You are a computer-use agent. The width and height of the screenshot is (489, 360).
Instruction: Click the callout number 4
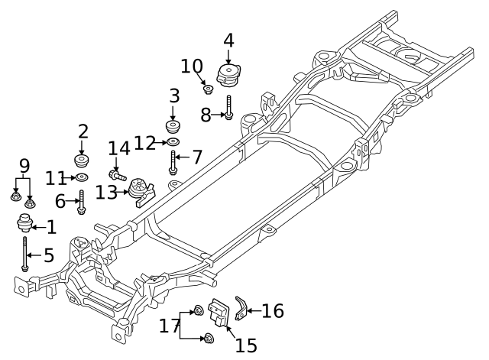click(x=228, y=41)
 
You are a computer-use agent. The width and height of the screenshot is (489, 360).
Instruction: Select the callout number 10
click(x=192, y=66)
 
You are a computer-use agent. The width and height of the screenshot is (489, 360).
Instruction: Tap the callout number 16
click(x=273, y=311)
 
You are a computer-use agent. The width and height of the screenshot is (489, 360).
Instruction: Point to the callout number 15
click(x=245, y=345)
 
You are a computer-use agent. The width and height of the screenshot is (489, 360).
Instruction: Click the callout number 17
click(x=168, y=327)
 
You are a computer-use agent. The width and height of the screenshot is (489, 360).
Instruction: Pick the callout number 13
click(x=106, y=193)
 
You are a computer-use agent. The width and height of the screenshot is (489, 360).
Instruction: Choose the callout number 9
click(x=24, y=165)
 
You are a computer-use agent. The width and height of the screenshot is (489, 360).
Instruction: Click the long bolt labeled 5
click(x=25, y=255)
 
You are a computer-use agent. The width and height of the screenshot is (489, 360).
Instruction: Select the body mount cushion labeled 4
click(x=227, y=76)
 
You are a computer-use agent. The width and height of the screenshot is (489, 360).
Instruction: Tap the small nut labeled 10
click(x=207, y=90)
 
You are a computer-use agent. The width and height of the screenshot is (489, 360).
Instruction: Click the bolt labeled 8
click(x=228, y=108)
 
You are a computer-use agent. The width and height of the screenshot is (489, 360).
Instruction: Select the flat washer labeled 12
click(x=173, y=142)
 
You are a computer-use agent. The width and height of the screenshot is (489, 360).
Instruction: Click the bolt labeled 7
click(x=173, y=162)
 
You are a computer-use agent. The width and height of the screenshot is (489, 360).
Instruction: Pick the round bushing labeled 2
click(x=83, y=161)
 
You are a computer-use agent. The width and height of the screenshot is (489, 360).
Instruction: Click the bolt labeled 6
click(x=81, y=202)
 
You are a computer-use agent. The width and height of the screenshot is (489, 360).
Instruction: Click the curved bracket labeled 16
click(x=240, y=307)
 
